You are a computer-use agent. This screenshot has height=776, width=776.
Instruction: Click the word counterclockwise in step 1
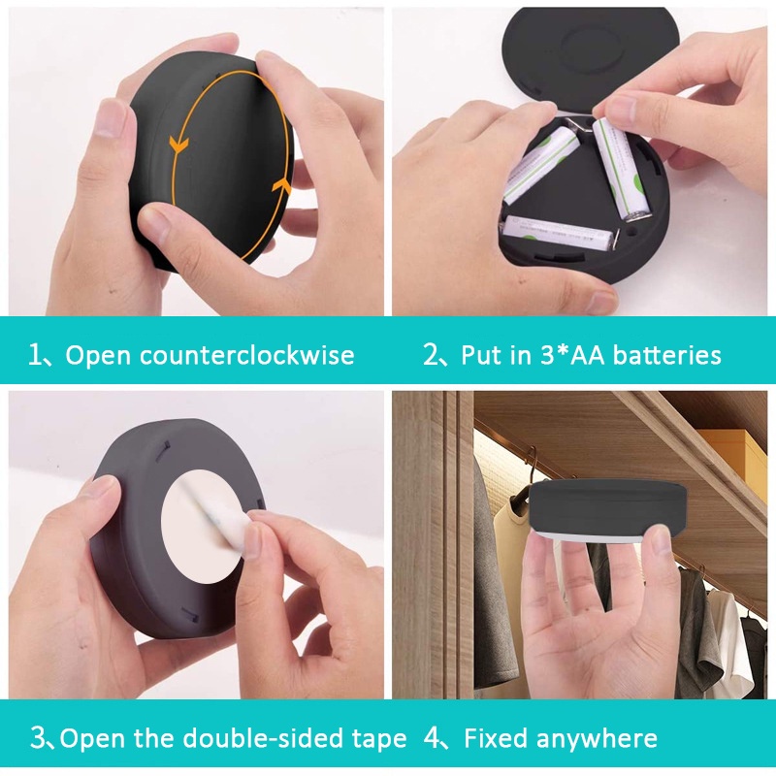[247, 355]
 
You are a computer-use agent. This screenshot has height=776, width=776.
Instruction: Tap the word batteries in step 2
[666, 355]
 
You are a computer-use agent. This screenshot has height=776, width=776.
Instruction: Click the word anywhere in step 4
[597, 739]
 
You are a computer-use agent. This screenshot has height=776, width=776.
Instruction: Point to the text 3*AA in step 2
[572, 355]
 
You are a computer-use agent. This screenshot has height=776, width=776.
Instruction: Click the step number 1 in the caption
[35, 355]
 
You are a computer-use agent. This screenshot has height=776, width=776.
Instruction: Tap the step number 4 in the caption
[432, 739]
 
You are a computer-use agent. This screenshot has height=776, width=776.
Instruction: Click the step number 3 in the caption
[38, 738]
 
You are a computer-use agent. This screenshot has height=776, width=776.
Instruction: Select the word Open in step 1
[98, 356]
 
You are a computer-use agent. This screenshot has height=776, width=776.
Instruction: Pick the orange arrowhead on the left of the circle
[178, 144]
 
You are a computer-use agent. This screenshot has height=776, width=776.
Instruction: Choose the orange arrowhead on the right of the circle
[281, 186]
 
